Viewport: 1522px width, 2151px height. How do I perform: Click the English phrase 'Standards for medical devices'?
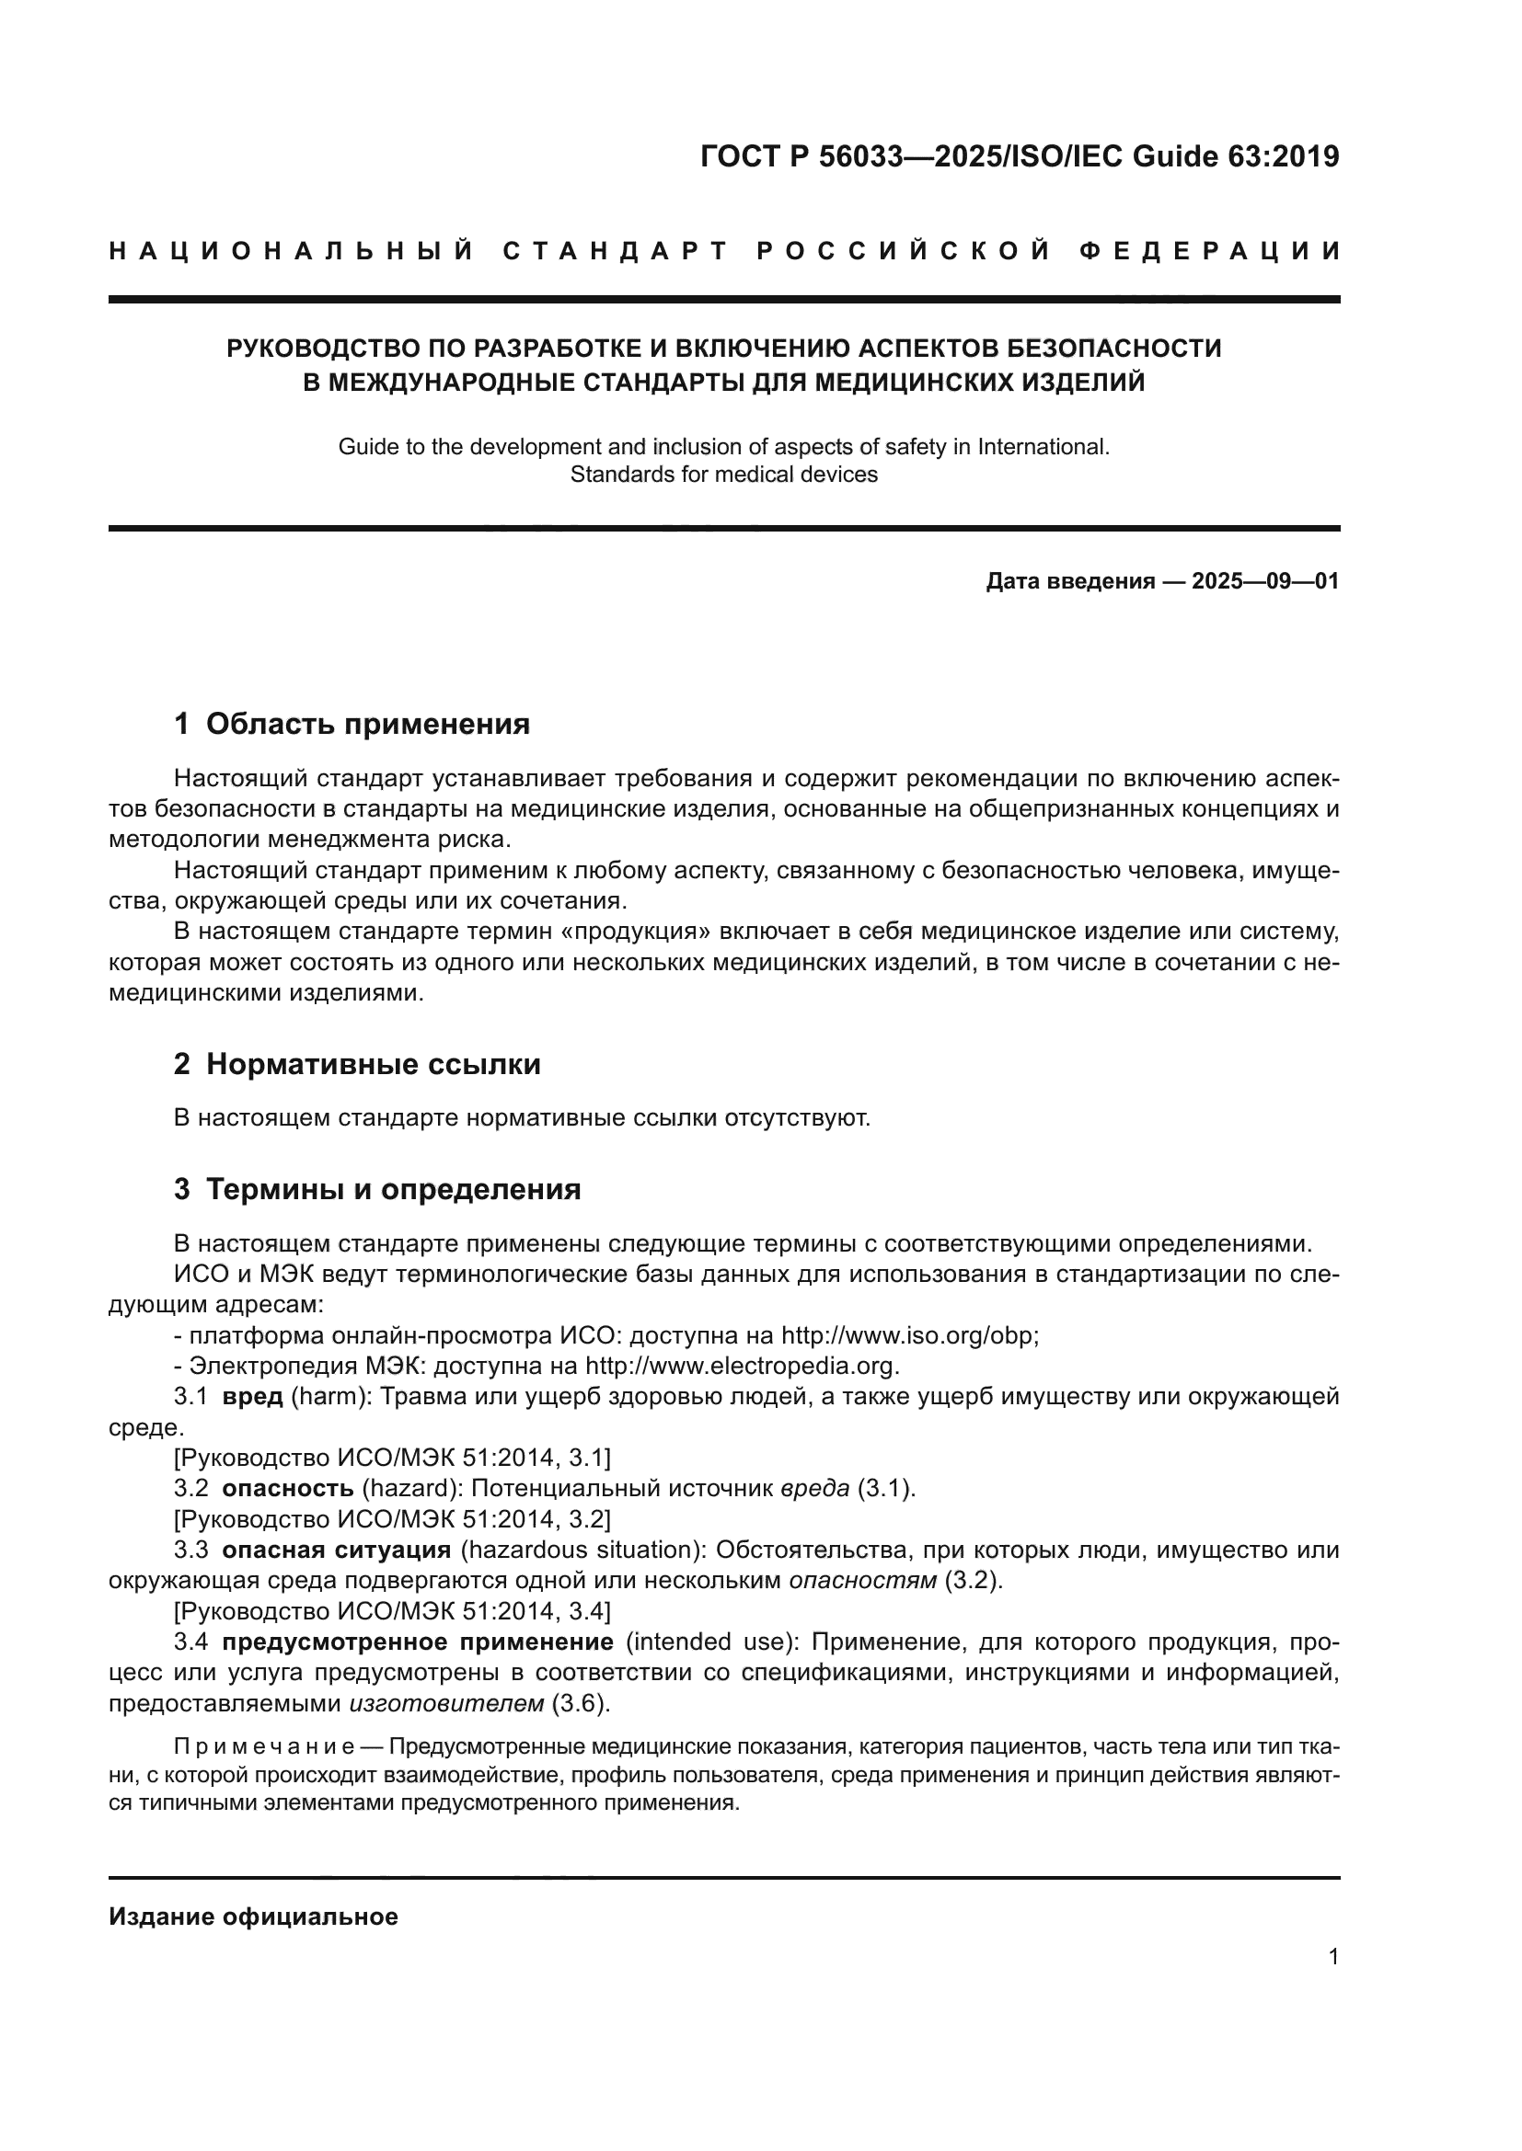pyautogui.click(x=723, y=474)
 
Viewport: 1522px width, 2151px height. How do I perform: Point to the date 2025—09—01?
pyautogui.click(x=1264, y=581)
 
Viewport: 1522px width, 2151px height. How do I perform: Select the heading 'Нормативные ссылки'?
pyautogui.click(x=373, y=1064)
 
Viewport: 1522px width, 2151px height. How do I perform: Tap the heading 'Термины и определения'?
pyautogui.click(x=393, y=1189)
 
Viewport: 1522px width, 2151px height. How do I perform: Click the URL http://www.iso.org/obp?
pyautogui.click(x=909, y=1335)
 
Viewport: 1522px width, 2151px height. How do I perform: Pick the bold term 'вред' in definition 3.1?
pyautogui.click(x=252, y=1396)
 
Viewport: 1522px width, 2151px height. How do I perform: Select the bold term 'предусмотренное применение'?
pyautogui.click(x=417, y=1642)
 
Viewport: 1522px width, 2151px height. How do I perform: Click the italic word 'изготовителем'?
pyautogui.click(x=446, y=1702)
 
